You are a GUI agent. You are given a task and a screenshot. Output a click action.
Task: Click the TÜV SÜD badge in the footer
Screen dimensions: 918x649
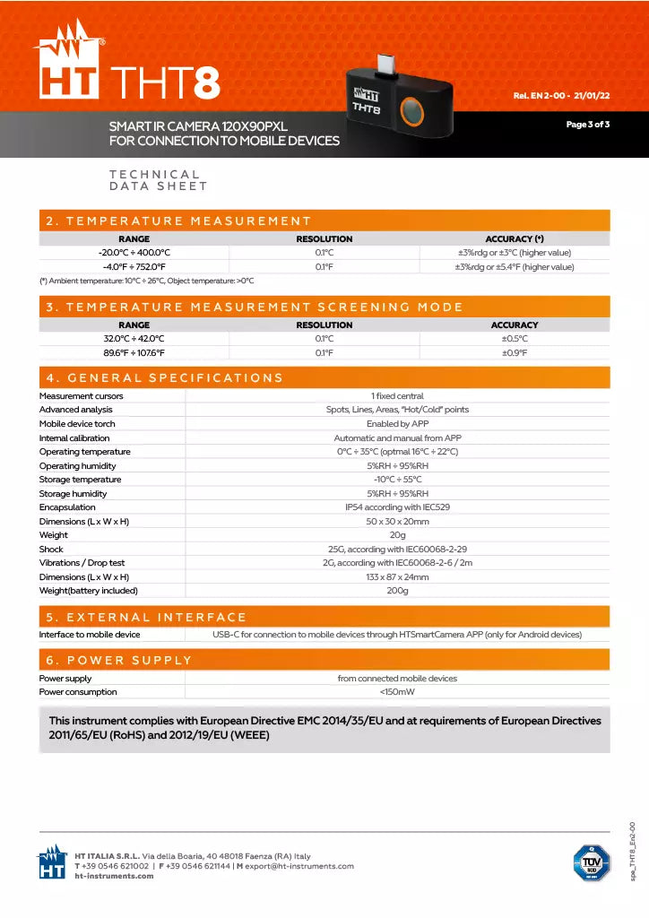[x=589, y=862]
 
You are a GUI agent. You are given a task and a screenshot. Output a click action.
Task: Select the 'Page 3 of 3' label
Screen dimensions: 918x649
[x=587, y=124]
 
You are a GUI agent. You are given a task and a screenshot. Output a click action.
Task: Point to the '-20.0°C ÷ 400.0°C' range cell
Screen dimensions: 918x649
[x=134, y=253]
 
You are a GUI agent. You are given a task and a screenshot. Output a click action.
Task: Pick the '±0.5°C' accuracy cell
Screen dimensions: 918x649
[x=515, y=339]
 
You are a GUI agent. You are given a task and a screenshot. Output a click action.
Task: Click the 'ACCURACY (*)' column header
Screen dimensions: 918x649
[x=515, y=239]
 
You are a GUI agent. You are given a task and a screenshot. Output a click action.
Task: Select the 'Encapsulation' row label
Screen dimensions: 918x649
[x=67, y=507]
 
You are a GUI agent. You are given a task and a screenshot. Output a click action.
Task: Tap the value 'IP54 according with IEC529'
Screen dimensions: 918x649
[x=397, y=507]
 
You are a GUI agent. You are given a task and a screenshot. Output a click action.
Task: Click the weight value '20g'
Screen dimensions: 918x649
[x=397, y=535]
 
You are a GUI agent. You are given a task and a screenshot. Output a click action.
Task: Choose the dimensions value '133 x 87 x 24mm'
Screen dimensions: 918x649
[x=397, y=577]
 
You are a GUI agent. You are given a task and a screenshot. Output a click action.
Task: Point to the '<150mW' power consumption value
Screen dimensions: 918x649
[x=397, y=692]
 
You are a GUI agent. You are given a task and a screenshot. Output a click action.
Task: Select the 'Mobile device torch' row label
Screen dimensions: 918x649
[x=77, y=424]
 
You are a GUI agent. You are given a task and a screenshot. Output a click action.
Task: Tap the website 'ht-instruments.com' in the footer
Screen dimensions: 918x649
[x=114, y=876]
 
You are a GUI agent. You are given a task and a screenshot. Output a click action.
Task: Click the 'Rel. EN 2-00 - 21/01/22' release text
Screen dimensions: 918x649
[x=561, y=95]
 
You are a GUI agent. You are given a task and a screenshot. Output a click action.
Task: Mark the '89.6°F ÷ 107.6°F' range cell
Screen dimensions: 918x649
[x=134, y=353]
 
